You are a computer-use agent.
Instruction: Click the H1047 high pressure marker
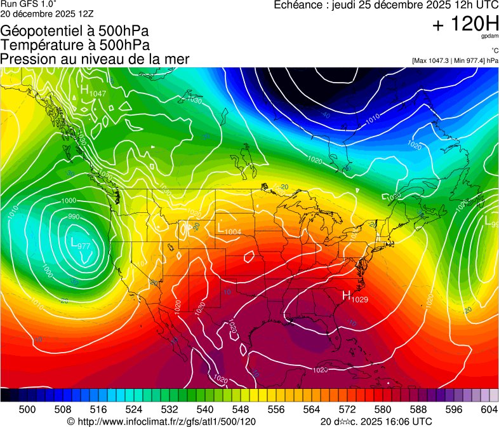92,91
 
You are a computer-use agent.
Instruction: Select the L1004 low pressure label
229,229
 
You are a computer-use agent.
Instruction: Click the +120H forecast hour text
465,25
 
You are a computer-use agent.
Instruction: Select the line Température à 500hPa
75,45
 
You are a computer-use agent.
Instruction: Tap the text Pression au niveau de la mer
95,59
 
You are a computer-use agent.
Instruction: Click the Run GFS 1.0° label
29,4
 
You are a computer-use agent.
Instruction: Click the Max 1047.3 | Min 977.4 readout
455,60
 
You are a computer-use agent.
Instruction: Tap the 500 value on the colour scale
27,409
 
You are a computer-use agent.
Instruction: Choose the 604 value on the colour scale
489,409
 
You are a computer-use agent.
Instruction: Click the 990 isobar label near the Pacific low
74,217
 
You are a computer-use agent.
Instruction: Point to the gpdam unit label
490,36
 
